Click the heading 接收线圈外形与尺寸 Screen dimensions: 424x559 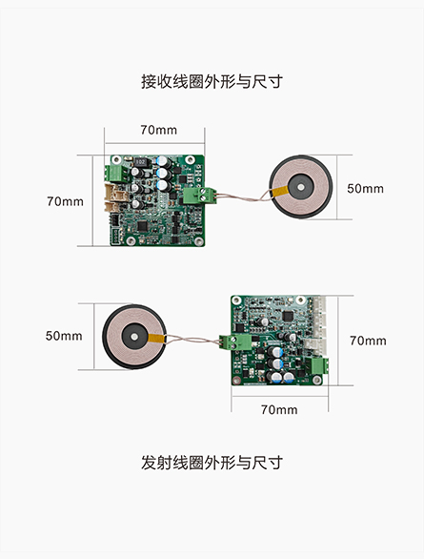pos(212,82)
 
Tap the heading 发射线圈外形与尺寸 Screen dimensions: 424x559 pos(212,463)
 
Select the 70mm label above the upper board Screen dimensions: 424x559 pos(158,130)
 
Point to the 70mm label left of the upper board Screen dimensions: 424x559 pos(65,201)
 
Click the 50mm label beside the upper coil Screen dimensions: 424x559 pos(365,188)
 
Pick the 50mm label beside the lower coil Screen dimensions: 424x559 pos(64,336)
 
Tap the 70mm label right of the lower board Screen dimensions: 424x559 pos(368,341)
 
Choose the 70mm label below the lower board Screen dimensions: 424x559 pos(279,409)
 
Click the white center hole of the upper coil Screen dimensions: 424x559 pos(301,187)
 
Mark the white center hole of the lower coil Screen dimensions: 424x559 pos(133,337)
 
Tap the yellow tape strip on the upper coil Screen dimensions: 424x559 pos(280,192)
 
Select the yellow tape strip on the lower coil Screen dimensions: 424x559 pos(156,338)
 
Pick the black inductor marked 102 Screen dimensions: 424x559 pos(141,162)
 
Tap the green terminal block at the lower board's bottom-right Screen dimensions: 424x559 pos(319,365)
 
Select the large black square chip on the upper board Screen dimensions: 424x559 pos(142,226)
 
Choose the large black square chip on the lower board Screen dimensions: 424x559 pos(288,316)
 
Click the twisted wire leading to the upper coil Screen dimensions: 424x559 pos(244,197)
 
